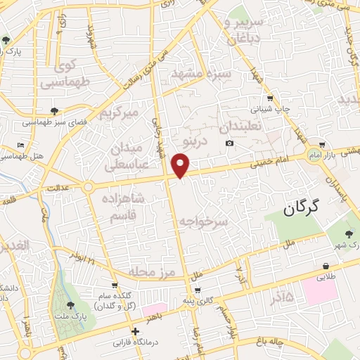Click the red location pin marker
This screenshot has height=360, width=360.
click(x=181, y=166)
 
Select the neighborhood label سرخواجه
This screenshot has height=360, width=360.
click(x=203, y=221)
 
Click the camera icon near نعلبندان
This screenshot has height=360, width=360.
click(x=229, y=144)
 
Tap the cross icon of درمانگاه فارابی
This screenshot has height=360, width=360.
click(x=135, y=330)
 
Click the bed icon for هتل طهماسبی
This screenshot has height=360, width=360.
click(x=21, y=146)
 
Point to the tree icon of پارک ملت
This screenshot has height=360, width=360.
click(x=70, y=305)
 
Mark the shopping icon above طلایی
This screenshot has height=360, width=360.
click(x=326, y=266)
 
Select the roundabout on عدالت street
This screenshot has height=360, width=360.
click(x=88, y=187)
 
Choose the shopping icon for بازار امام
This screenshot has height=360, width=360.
click(x=321, y=144)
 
